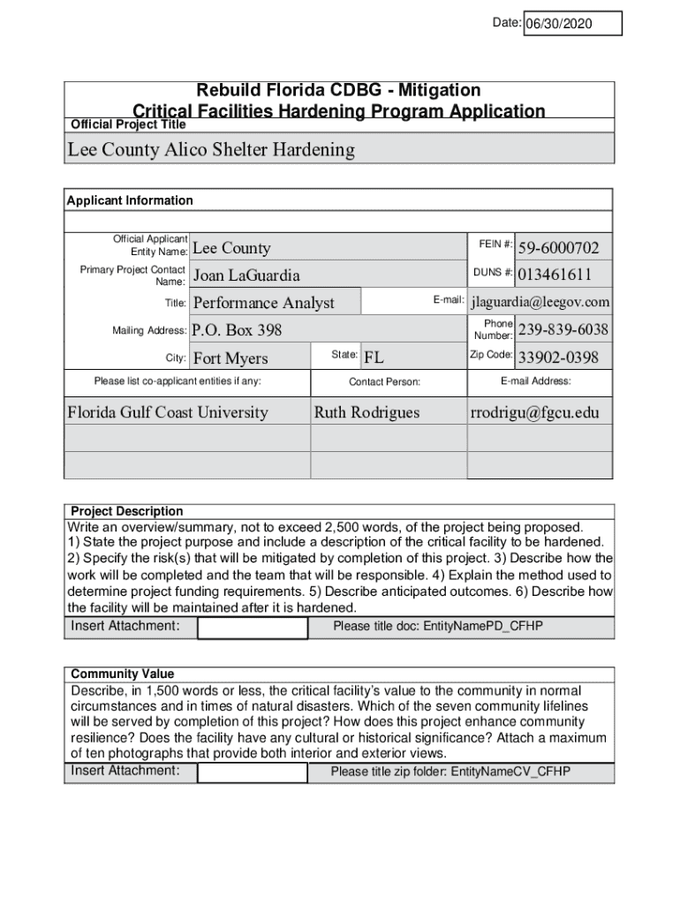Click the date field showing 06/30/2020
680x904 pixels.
(x=572, y=24)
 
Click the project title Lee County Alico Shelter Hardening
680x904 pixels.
(x=211, y=149)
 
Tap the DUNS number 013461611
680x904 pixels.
(x=555, y=275)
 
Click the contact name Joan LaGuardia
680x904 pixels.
(x=246, y=275)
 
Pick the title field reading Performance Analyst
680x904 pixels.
(x=264, y=303)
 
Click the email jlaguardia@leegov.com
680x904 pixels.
(x=540, y=302)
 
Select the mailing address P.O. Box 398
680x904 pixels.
(x=238, y=330)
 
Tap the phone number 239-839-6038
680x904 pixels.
(x=563, y=329)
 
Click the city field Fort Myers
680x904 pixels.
(x=230, y=358)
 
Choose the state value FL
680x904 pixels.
(x=374, y=358)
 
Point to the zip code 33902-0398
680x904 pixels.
(x=558, y=358)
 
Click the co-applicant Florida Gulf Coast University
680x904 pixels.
(x=168, y=412)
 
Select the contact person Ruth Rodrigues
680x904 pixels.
(x=367, y=412)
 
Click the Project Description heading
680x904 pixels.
(x=127, y=511)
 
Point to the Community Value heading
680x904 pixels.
(x=123, y=674)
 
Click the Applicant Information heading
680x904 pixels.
(x=130, y=200)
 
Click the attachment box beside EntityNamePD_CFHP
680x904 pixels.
(x=253, y=627)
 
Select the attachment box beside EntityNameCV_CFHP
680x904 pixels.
(x=253, y=772)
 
